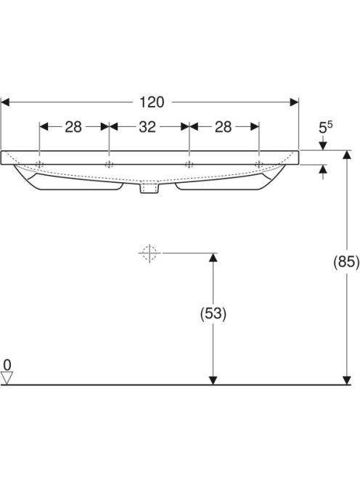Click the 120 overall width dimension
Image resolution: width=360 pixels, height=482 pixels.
[x=152, y=102]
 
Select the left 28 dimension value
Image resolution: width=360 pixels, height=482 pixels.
[x=73, y=126]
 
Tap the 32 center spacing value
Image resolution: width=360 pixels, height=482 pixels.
[x=147, y=126]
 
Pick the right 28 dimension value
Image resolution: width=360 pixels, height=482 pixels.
[x=223, y=126]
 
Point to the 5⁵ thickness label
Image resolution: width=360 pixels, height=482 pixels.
[x=325, y=127]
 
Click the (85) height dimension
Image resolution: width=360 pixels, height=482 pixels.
[x=346, y=262]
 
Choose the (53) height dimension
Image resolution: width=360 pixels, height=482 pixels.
[x=213, y=314]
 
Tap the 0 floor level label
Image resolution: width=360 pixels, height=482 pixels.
[x=7, y=365]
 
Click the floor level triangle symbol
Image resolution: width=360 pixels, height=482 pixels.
[x=7, y=377]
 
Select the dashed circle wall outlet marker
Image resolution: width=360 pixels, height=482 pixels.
[x=150, y=253]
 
